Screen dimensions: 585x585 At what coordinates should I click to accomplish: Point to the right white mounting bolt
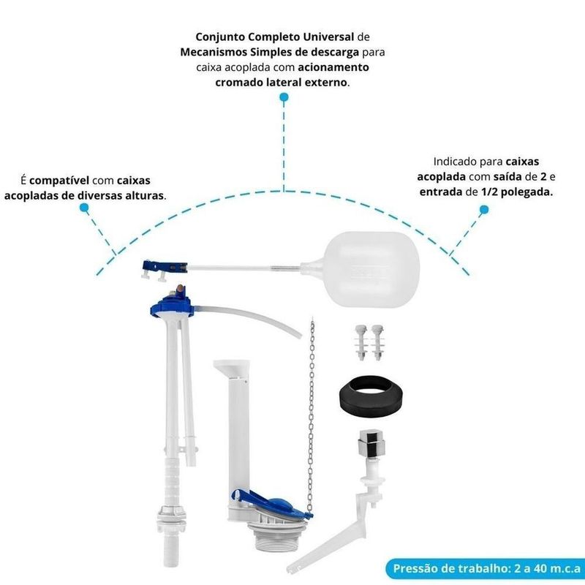tap(377, 342)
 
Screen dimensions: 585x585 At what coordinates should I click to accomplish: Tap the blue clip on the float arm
tap(164, 268)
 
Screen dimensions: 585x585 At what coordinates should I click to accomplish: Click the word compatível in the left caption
tap(59, 181)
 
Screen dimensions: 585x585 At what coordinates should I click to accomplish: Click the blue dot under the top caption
tap(284, 97)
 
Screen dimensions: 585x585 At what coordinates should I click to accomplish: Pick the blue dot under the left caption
tap(84, 208)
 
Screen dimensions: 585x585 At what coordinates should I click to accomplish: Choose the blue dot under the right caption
tap(484, 210)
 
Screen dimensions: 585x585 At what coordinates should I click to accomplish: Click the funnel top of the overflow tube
tap(230, 369)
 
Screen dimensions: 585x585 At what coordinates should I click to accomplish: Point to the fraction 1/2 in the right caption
tap(489, 192)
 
